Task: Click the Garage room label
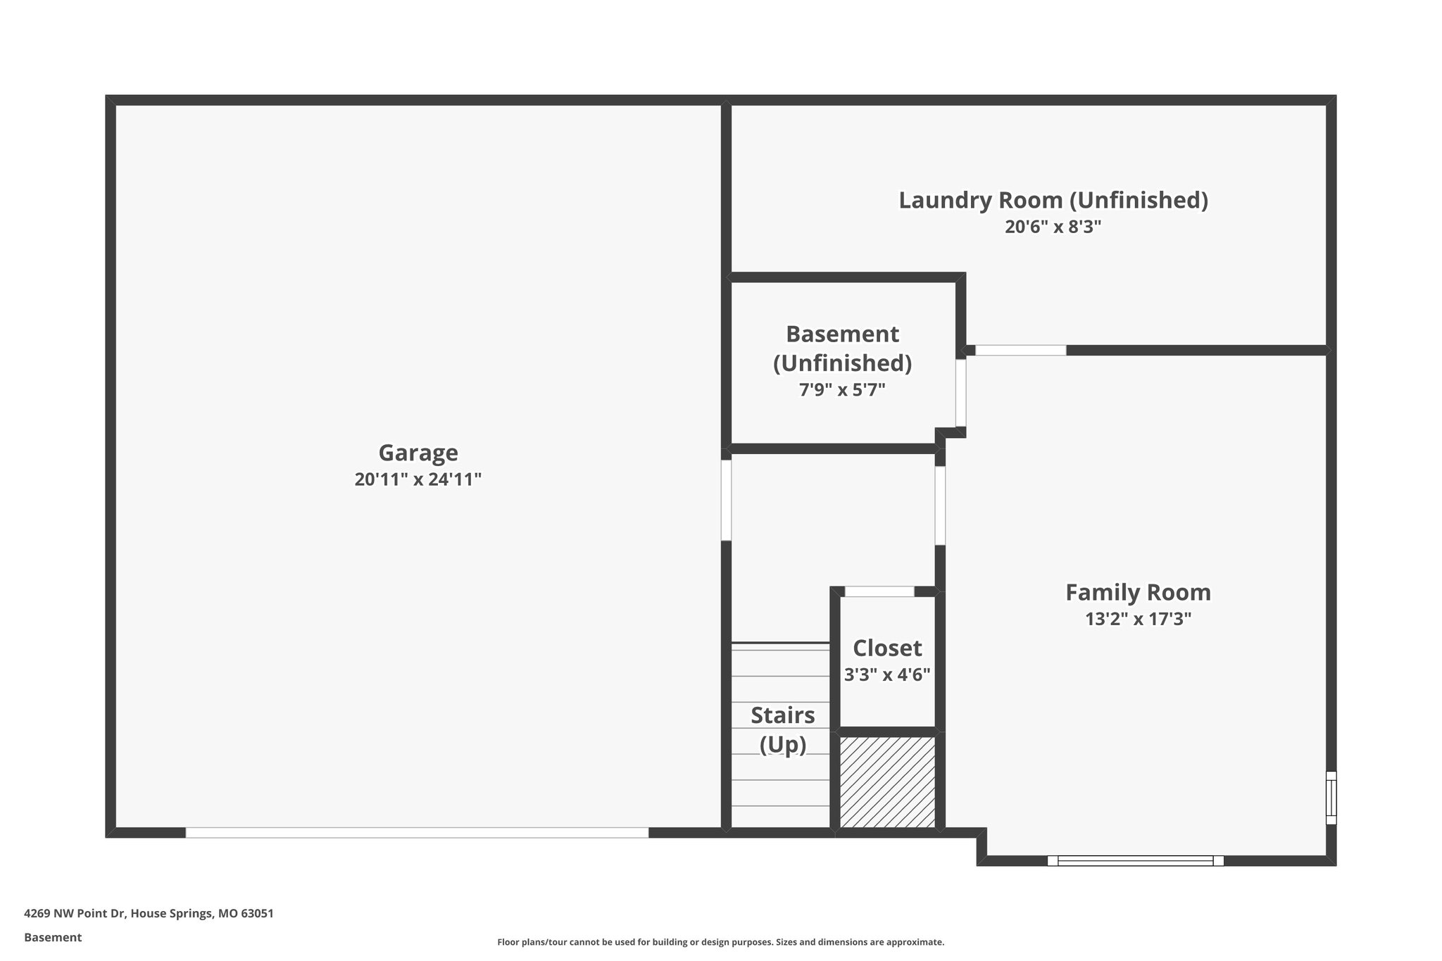point(418,453)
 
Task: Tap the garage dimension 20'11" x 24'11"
point(418,480)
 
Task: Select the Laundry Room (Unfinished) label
point(1053,201)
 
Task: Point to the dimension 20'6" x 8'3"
point(1053,227)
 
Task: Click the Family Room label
point(1138,593)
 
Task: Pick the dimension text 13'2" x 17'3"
point(1138,620)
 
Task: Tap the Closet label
point(887,648)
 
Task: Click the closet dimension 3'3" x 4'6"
point(887,675)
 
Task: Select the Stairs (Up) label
point(782,730)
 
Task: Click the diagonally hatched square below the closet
point(887,782)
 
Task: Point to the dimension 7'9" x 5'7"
point(842,390)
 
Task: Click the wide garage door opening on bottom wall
point(417,833)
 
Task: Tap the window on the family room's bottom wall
point(1135,860)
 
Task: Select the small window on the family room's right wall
point(1331,798)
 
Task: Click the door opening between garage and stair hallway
point(726,500)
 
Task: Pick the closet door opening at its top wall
point(879,591)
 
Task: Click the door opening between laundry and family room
point(1020,350)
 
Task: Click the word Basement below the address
point(53,938)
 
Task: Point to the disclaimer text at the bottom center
point(720,942)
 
